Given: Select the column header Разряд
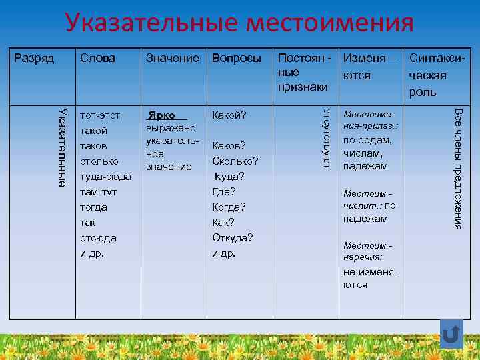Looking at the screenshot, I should tap(34, 58).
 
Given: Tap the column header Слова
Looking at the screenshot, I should tap(97, 58).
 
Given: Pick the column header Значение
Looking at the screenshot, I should tap(172, 58).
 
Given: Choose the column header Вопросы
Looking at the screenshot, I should tap(236, 58).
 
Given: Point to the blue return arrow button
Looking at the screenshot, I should tap(451, 335).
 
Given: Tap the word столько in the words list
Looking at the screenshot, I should tap(99, 161).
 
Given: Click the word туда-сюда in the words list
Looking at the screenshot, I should tap(105, 177).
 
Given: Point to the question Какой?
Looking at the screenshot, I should tap(229, 115).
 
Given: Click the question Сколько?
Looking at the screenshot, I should tap(235, 161).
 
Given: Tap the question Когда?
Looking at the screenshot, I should tap(229, 207).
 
